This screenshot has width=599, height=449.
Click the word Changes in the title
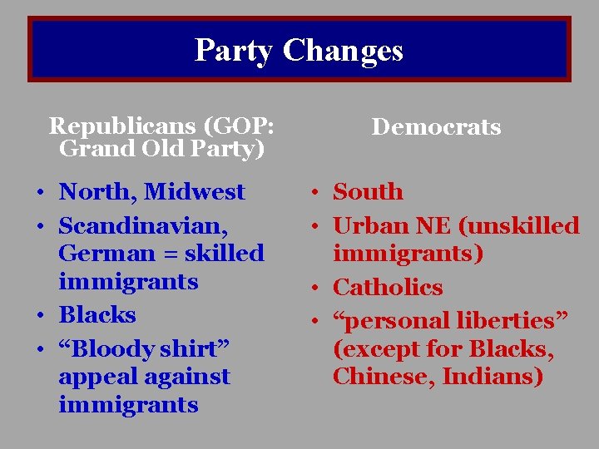pos(343,50)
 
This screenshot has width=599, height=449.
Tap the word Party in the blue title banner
pos(233,50)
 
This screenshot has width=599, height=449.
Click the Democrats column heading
pos(436,127)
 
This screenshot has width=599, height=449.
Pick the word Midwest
pos(195,192)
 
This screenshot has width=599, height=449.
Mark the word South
pos(368,192)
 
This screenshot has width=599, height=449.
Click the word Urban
pos(369,225)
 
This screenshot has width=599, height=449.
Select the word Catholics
pos(388,288)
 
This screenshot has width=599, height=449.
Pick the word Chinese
pos(383,377)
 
